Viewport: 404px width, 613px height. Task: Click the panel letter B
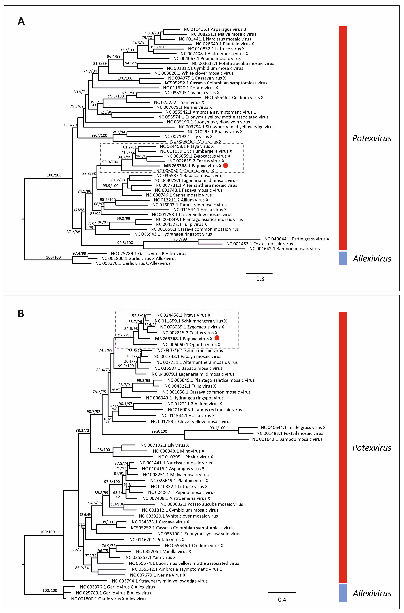21,314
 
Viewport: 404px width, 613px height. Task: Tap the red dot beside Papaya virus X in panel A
226,166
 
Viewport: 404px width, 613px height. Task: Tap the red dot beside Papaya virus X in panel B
217,338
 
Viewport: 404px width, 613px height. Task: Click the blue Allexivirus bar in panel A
343,258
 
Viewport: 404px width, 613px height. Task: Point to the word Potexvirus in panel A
372,138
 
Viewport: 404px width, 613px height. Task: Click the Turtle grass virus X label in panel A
297,239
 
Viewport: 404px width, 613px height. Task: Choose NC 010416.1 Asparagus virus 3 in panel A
215,29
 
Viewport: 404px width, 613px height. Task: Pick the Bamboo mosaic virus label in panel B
287,439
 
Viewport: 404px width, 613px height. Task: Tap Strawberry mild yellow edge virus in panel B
160,581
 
